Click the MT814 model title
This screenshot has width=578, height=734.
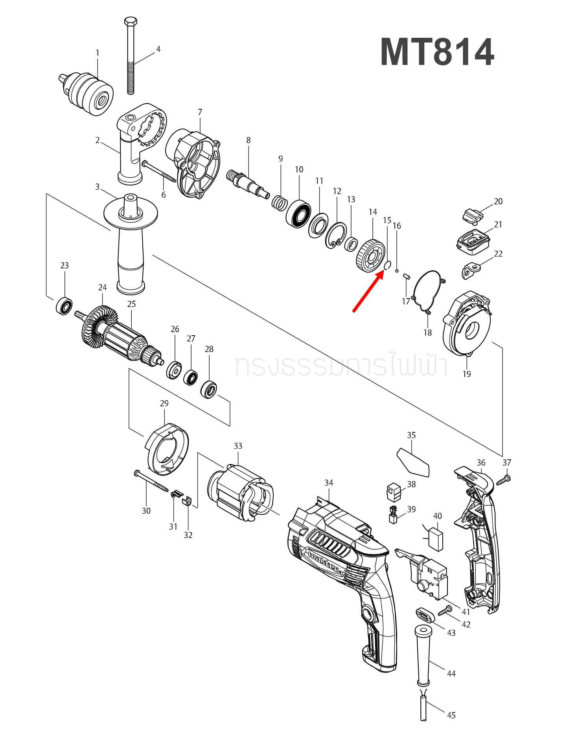coord(437,52)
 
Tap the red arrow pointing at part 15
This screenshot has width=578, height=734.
coord(368,291)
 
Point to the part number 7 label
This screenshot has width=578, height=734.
coord(200,112)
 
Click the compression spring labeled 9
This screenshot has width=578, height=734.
coord(279,203)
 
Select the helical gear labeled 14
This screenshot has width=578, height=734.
coord(370,256)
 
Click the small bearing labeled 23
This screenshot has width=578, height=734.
coord(64,306)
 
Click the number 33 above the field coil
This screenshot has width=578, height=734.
coord(238,446)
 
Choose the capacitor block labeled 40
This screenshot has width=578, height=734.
coord(436,539)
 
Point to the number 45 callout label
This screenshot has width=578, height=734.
coord(451,715)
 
